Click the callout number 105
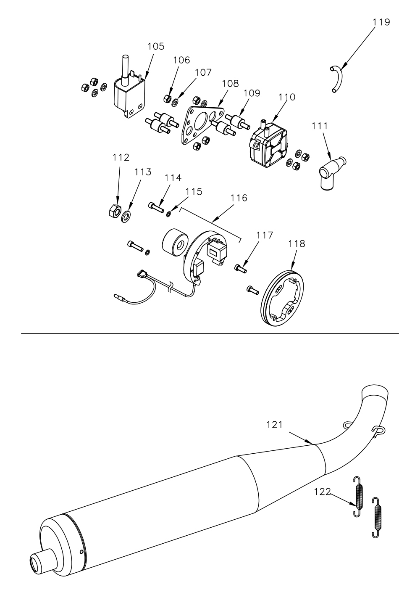point(156,47)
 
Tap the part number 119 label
point(381,22)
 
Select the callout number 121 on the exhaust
point(275,425)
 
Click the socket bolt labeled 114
point(156,207)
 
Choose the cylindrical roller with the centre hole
point(175,244)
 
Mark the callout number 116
point(239,198)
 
